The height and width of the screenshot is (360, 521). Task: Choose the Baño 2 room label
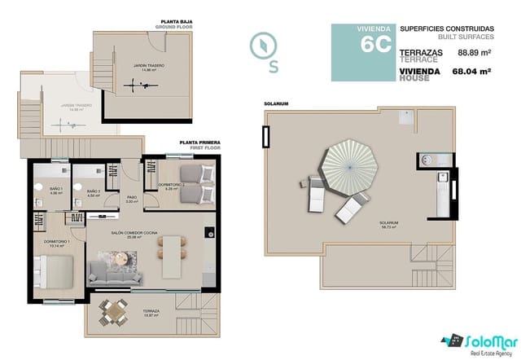pyautogui.click(x=94, y=193)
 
